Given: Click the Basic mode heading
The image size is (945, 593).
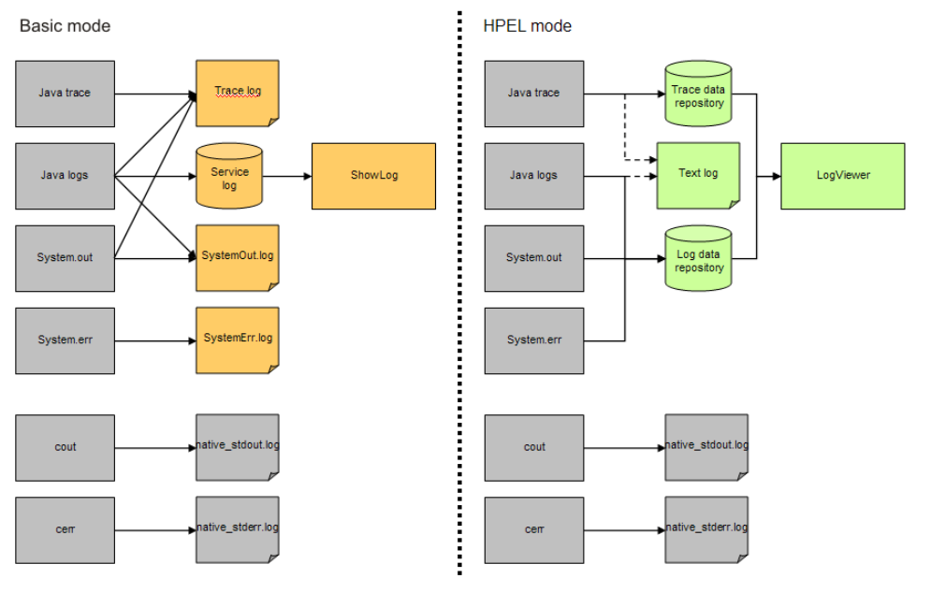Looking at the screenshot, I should click(x=65, y=26).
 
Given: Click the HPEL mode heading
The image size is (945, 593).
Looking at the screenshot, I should click(x=527, y=26).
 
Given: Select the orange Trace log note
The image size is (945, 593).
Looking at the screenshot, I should click(x=237, y=93).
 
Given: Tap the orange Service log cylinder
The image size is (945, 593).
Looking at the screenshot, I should click(x=229, y=176).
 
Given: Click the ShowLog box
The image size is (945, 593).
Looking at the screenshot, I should click(x=373, y=176).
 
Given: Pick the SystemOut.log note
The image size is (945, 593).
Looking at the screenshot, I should click(x=237, y=256).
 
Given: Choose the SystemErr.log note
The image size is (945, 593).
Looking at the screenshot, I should click(x=237, y=339).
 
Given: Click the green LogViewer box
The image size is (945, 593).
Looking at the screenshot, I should click(x=842, y=176).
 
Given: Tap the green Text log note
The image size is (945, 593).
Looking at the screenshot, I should click(x=698, y=175).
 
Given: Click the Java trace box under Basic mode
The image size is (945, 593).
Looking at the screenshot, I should click(x=65, y=94).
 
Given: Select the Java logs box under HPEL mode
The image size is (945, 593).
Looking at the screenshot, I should click(x=533, y=176).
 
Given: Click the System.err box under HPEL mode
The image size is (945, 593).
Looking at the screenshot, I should click(x=533, y=340).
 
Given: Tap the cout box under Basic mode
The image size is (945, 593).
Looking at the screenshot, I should click(x=65, y=447).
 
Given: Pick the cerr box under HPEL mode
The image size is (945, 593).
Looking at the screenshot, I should click(x=533, y=529).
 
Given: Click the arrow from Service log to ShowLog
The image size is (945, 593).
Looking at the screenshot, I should click(x=286, y=176).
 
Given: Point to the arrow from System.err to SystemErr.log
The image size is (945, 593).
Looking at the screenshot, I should click(x=154, y=340).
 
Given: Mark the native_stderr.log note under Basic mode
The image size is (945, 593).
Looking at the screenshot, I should click(x=237, y=529).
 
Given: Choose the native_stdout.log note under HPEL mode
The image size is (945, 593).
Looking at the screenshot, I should click(x=705, y=446).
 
